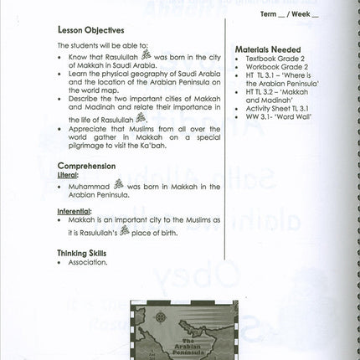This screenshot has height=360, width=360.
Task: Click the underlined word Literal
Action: coord(68,177)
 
